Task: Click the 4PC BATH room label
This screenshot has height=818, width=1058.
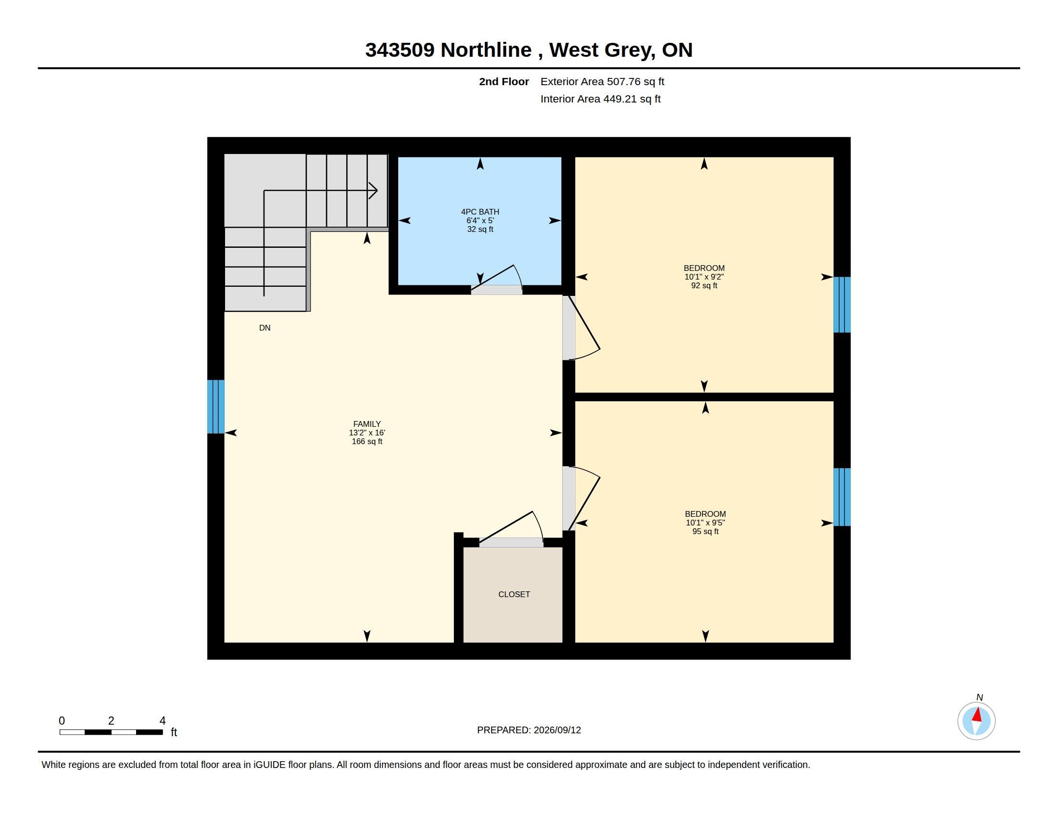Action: [x=479, y=212]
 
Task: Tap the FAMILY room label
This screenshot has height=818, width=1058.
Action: [x=367, y=424]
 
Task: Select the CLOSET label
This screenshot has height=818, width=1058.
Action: [x=514, y=594]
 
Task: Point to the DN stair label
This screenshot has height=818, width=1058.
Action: [x=264, y=328]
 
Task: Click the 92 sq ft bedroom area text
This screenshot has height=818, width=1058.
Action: [x=704, y=285]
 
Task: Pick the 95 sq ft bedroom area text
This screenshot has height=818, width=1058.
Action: [x=705, y=531]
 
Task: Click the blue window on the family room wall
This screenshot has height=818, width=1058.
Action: [x=215, y=406]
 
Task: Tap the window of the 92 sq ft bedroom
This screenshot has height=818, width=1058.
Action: [x=842, y=304]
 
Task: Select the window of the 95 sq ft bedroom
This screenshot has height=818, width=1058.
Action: [x=842, y=497]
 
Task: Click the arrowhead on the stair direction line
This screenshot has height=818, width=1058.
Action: [x=374, y=191]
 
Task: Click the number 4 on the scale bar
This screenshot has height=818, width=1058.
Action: [x=163, y=721]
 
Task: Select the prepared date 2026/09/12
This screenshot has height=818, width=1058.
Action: [x=557, y=730]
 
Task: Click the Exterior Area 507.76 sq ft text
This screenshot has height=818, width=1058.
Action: [x=602, y=81]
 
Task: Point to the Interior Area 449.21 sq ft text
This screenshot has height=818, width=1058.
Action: [x=600, y=99]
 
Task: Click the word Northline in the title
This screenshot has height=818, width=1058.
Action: [x=486, y=50]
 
